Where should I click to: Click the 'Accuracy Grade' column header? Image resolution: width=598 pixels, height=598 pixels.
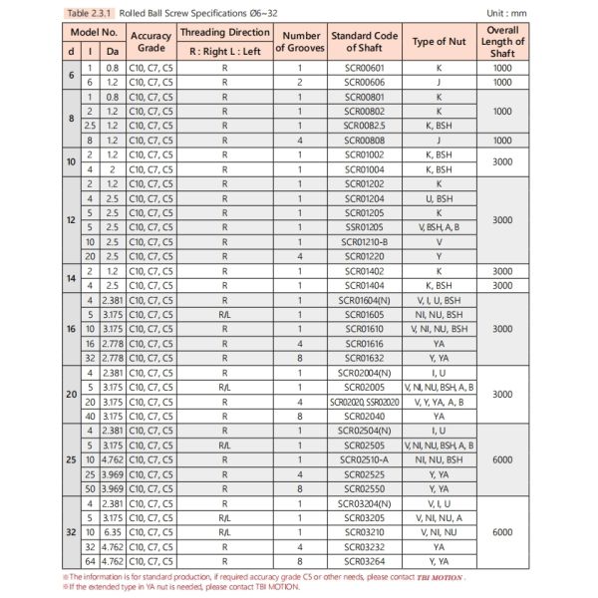click(x=151, y=40)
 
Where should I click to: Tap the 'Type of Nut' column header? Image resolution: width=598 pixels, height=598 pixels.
click(x=442, y=40)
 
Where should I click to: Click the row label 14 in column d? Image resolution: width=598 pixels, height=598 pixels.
click(x=69, y=277)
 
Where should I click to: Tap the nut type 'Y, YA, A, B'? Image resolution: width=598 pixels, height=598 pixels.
click(x=442, y=400)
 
